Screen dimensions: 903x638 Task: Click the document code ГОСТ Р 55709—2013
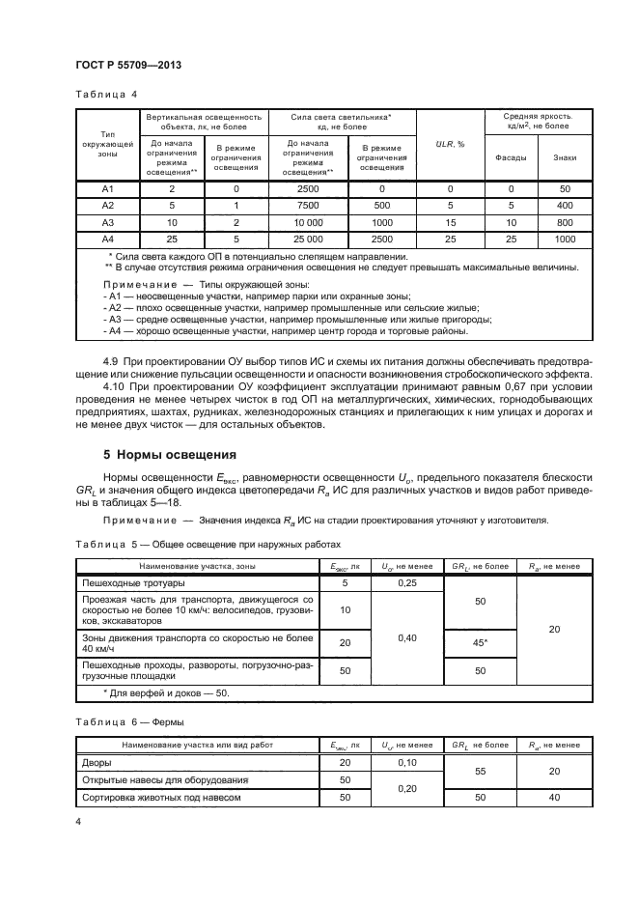click(x=128, y=65)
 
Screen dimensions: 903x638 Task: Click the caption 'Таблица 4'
click(x=106, y=95)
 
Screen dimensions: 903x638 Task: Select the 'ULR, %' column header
click(x=450, y=144)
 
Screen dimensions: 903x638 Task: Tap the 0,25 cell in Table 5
click(x=407, y=583)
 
